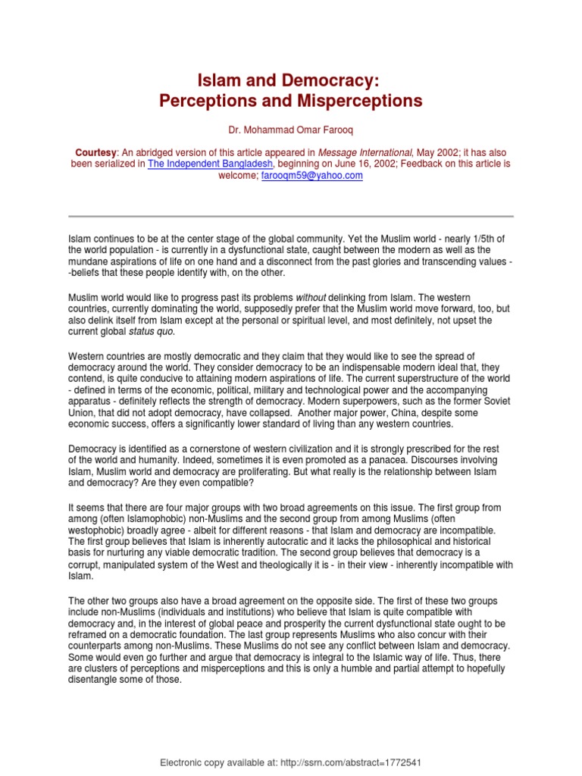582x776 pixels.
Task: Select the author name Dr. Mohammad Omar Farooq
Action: (292, 130)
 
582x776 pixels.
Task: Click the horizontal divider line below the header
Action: (290, 214)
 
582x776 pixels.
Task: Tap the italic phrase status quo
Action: (152, 330)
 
